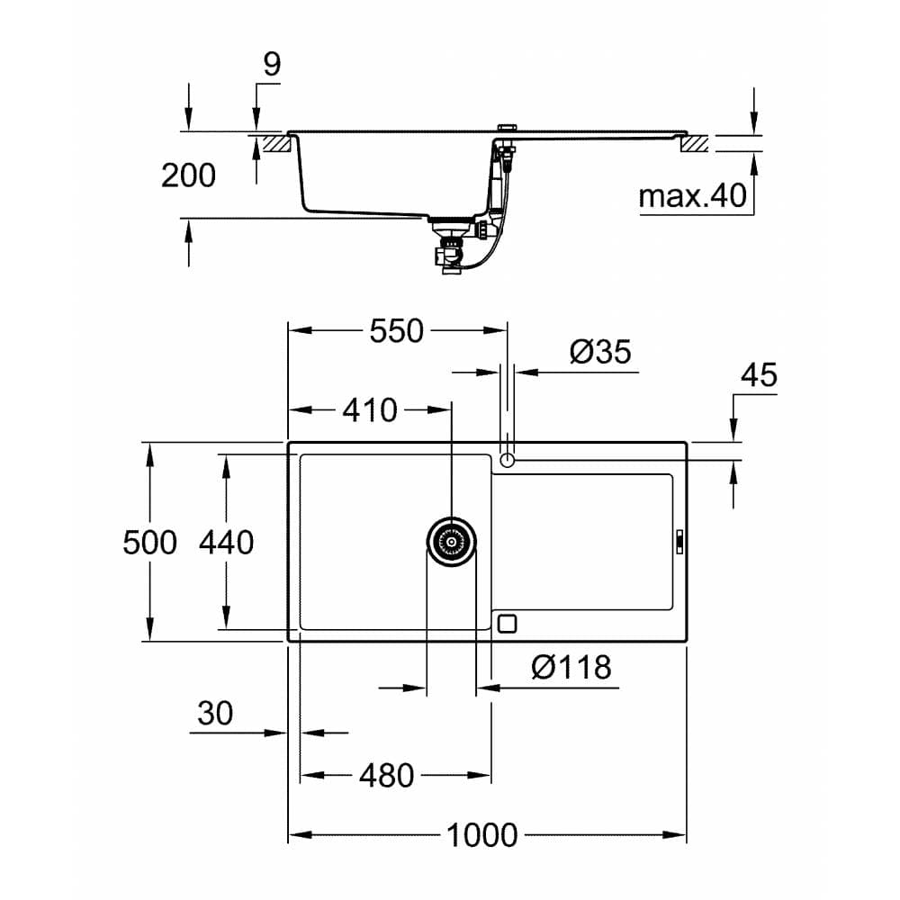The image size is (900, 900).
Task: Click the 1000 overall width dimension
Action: tap(483, 834)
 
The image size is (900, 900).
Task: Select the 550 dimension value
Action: tap(396, 330)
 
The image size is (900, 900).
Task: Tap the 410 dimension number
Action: tap(369, 410)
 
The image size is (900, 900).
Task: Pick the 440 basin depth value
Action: tap(227, 542)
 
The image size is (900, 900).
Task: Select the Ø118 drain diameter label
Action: tap(571, 667)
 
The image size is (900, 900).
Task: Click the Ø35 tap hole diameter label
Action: tap(601, 352)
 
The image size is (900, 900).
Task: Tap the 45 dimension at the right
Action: tap(758, 375)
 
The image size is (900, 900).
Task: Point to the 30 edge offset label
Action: tap(215, 714)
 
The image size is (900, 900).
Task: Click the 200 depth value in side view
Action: tap(188, 175)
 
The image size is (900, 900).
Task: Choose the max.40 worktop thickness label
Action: tap(693, 195)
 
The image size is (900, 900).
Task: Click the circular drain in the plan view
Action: tap(451, 542)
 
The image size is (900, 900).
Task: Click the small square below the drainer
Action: tap(508, 623)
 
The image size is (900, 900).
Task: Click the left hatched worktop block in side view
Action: tap(274, 142)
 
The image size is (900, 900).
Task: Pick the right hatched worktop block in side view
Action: tap(695, 142)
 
